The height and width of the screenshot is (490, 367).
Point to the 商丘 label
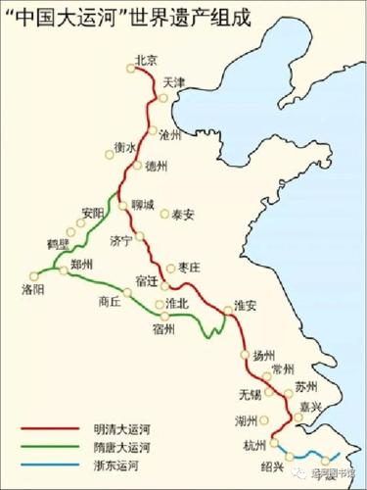110,301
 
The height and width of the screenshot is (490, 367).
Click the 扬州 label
265,355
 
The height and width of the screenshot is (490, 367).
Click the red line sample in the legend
49,428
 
